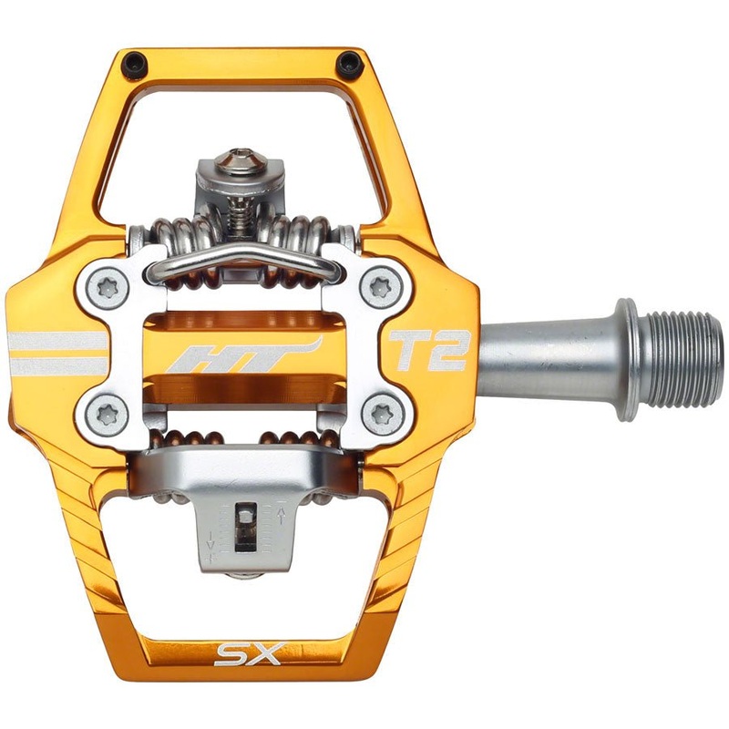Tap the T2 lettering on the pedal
[428, 351]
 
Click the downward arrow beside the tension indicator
[211, 545]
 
